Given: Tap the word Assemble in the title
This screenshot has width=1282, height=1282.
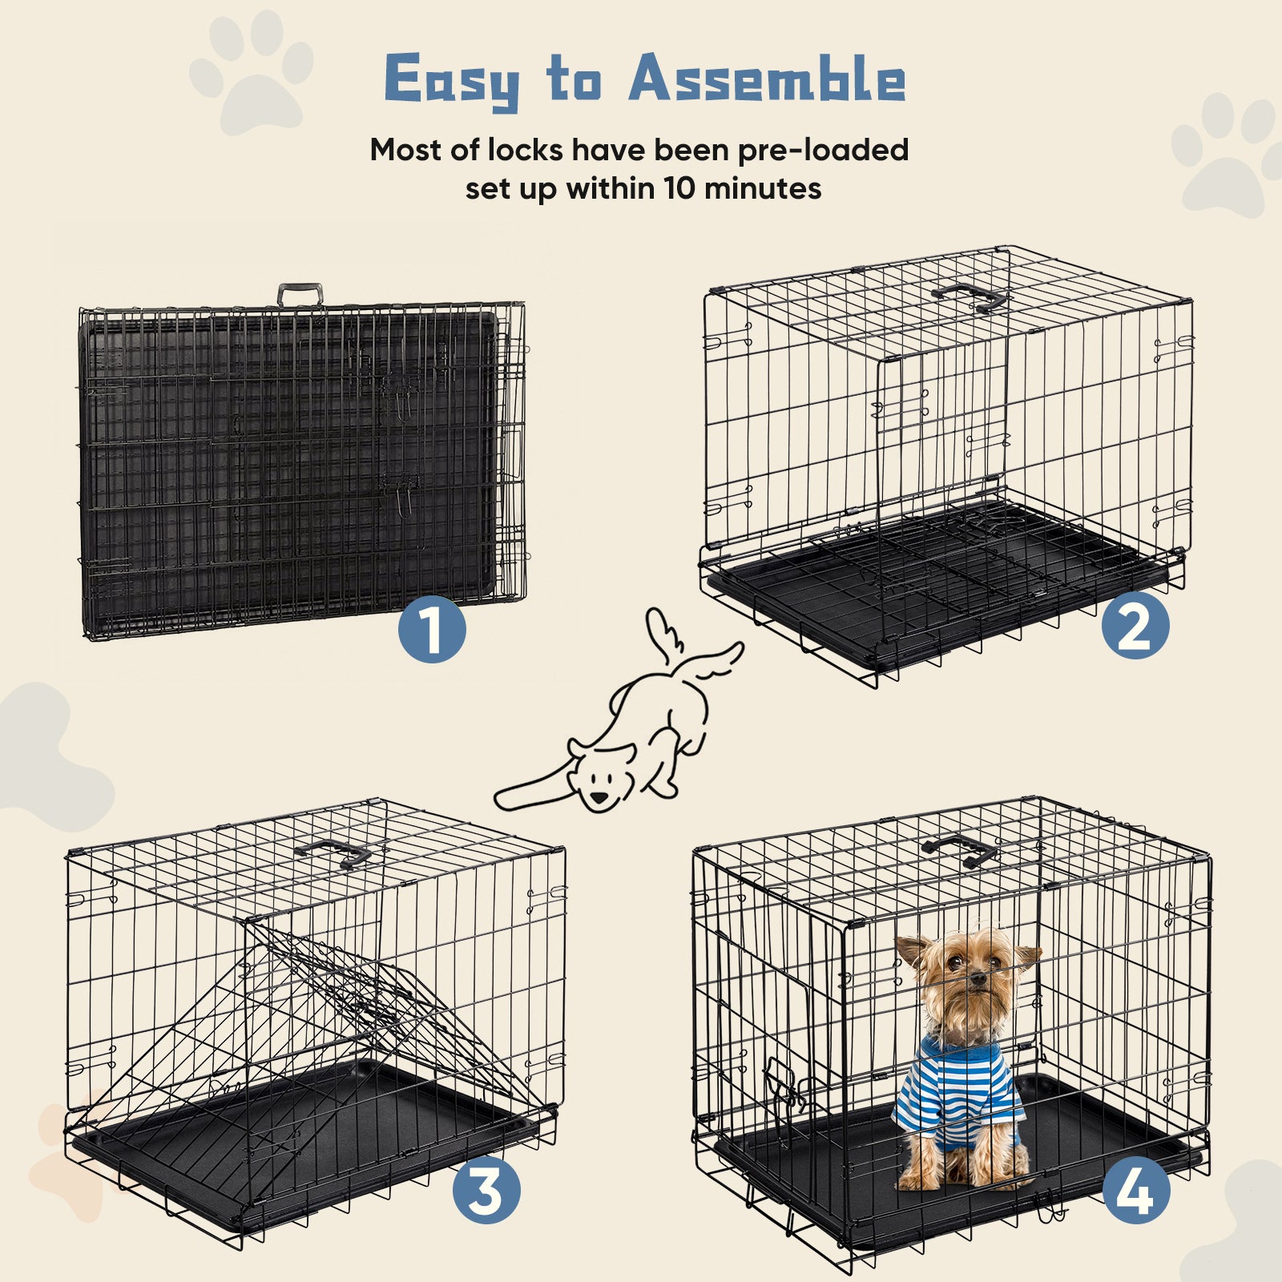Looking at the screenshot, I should (767, 81).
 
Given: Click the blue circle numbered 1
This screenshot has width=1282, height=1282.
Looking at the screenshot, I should (432, 629).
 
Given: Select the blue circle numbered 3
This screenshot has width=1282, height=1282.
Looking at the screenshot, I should (486, 1191).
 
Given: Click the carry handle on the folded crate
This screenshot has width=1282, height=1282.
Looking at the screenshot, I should (300, 294).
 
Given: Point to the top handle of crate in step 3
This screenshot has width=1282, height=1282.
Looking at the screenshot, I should (332, 853).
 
